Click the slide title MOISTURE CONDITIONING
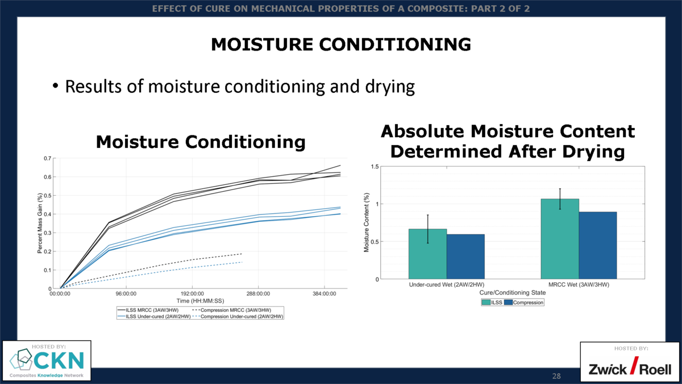pos(340,44)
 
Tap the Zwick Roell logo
pos(630,369)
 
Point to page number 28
pos(556,376)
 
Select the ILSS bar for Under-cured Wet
pos(427,254)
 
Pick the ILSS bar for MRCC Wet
pos(560,239)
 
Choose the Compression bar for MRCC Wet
pos(598,245)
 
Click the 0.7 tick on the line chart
pos(47,158)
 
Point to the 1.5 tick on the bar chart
pos(375,167)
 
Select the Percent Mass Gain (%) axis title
pos(40,223)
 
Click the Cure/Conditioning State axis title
pos(511,292)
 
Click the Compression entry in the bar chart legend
pos(527,303)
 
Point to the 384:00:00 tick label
pos(323,294)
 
